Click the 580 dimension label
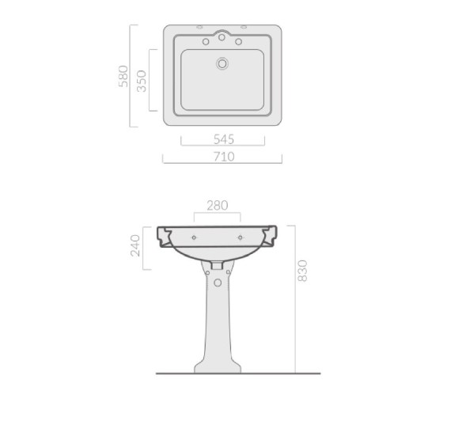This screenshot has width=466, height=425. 123,77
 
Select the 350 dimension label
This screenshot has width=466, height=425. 142,81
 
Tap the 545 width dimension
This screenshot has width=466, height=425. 224,139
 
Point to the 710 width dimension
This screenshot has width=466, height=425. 224,157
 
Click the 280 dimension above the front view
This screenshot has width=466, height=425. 218,205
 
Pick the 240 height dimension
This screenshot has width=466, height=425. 135,245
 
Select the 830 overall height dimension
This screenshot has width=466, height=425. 302,271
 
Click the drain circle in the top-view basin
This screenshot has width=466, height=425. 222,63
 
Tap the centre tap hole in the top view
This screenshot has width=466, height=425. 222,37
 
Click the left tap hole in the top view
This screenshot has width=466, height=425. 206,42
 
